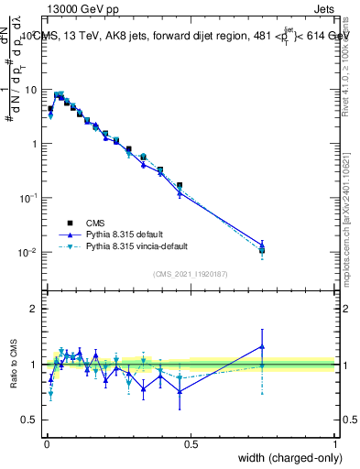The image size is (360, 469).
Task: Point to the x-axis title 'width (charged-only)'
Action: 285,458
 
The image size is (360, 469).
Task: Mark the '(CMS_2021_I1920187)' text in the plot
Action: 191,273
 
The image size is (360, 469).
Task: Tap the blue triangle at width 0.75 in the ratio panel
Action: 262,346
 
